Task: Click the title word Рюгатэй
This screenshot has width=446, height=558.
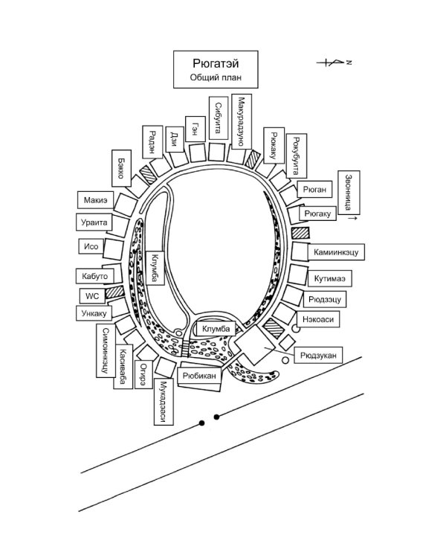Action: [216, 63]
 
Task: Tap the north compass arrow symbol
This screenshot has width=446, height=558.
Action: [334, 62]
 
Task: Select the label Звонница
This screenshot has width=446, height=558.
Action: [349, 193]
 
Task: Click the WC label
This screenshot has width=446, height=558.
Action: [91, 295]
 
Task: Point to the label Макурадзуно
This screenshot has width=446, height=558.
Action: [242, 121]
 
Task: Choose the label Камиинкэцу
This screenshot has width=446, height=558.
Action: [336, 252]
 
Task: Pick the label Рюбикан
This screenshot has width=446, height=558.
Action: [199, 376]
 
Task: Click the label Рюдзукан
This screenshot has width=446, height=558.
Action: [318, 355]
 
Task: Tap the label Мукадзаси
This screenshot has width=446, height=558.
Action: [164, 402]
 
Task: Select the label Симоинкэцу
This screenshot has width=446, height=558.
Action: [106, 350]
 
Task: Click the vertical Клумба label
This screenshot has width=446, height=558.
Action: [155, 268]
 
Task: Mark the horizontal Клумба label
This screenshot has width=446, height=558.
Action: [216, 328]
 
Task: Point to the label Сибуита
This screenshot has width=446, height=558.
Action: [219, 118]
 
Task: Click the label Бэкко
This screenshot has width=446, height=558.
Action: [121, 168]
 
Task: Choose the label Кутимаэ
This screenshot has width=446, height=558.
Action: [330, 278]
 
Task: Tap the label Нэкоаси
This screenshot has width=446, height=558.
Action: [318, 319]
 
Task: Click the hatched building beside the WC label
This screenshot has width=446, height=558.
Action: [115, 292]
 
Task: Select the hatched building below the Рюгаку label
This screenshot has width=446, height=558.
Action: [300, 233]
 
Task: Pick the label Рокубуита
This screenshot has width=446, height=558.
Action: [297, 156]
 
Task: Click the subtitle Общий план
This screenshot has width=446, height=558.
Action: [216, 77]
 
